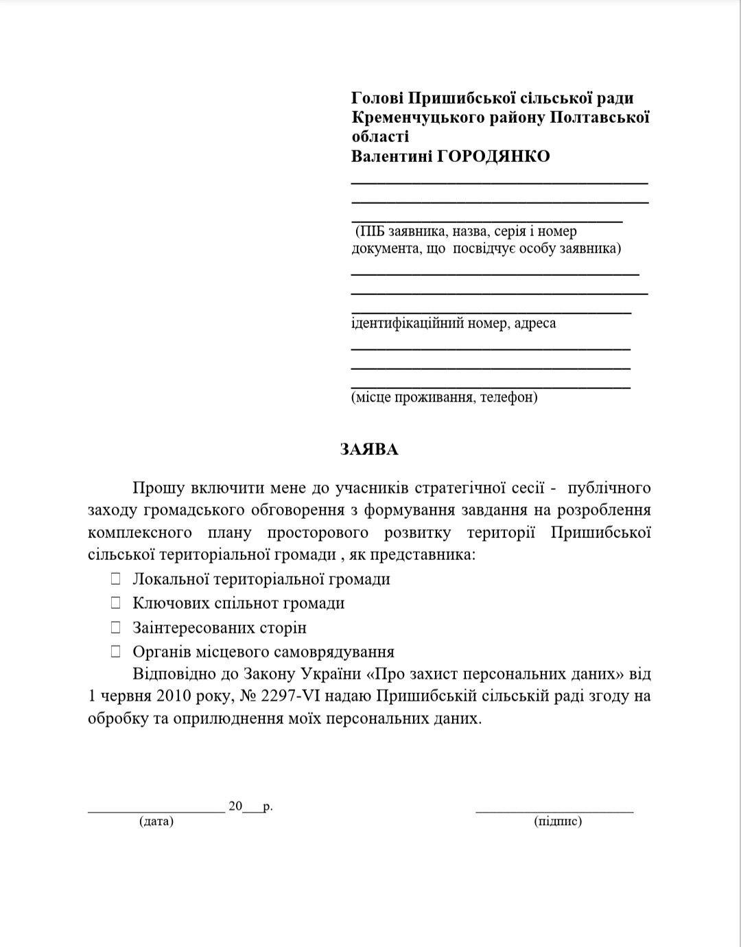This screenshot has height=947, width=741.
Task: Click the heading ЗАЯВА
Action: tap(369, 449)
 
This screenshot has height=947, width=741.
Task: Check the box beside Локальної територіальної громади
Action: tap(117, 578)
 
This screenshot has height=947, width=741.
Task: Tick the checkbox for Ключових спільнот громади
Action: tap(117, 603)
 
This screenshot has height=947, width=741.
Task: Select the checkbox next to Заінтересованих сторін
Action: tap(117, 627)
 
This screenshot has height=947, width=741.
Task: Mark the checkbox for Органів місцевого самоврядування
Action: tap(117, 651)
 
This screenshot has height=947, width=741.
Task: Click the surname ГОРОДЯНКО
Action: tap(493, 156)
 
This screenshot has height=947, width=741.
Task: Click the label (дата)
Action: tap(156, 821)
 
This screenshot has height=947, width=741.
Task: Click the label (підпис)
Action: tap(558, 821)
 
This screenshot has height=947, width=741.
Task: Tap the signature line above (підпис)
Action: tap(554, 812)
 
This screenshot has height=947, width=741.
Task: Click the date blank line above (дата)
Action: tap(156, 812)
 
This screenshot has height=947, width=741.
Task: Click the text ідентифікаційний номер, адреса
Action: tap(454, 323)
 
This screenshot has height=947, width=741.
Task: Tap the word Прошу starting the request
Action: tap(158, 488)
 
